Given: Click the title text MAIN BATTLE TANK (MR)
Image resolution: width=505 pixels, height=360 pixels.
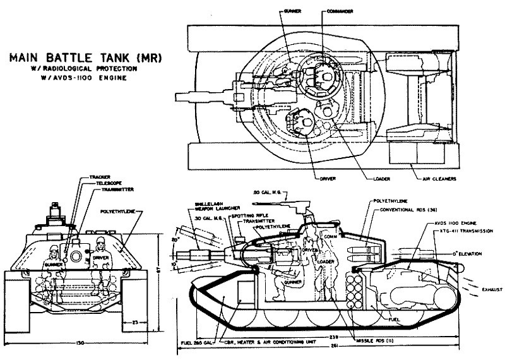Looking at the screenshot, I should pyautogui.click(x=86, y=57).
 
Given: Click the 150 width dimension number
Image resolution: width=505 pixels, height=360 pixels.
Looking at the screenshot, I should pyautogui.click(x=77, y=343).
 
